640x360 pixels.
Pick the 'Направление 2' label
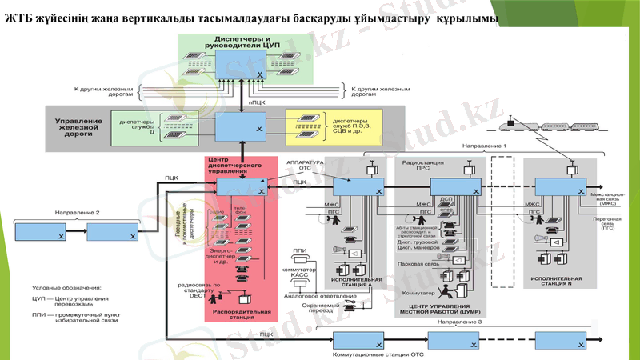coord(77,213)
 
